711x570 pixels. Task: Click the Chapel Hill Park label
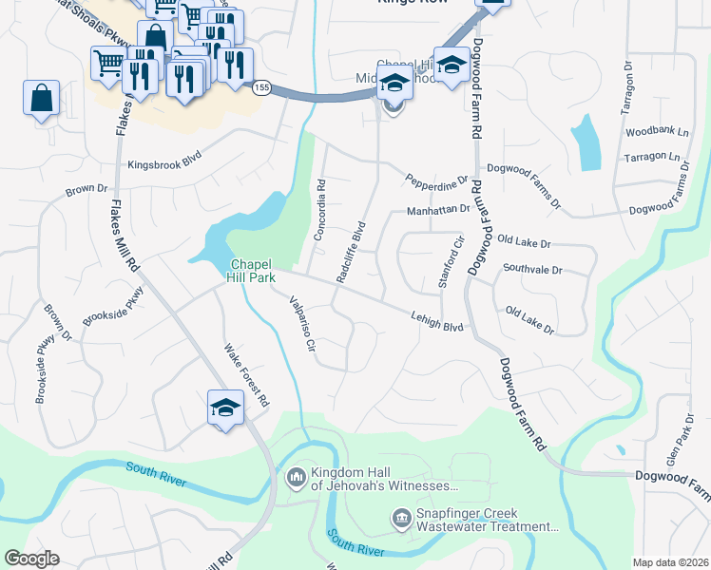click(251, 270)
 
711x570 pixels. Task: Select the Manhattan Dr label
click(438, 210)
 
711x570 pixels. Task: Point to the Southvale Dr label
click(532, 270)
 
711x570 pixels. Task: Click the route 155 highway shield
click(262, 87)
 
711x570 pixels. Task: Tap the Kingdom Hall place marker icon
click(295, 474)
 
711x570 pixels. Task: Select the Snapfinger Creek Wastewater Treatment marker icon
click(400, 518)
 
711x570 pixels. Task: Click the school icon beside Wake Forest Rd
click(226, 408)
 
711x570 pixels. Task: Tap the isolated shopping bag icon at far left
click(42, 98)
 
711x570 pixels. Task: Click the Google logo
click(31, 559)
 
